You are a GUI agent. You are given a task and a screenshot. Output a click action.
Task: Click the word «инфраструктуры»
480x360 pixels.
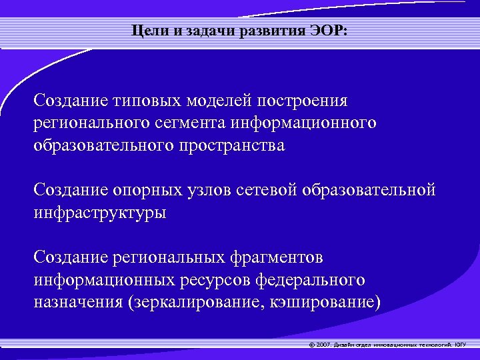pyautogui.click(x=101, y=213)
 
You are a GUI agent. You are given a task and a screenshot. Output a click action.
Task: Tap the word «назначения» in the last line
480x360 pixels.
pyautogui.click(x=76, y=302)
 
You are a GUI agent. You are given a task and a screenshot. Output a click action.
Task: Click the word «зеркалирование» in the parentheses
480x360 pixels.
pyautogui.click(x=193, y=302)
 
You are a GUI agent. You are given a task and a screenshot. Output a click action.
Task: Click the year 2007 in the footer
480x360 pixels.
pyautogui.click(x=324, y=345)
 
